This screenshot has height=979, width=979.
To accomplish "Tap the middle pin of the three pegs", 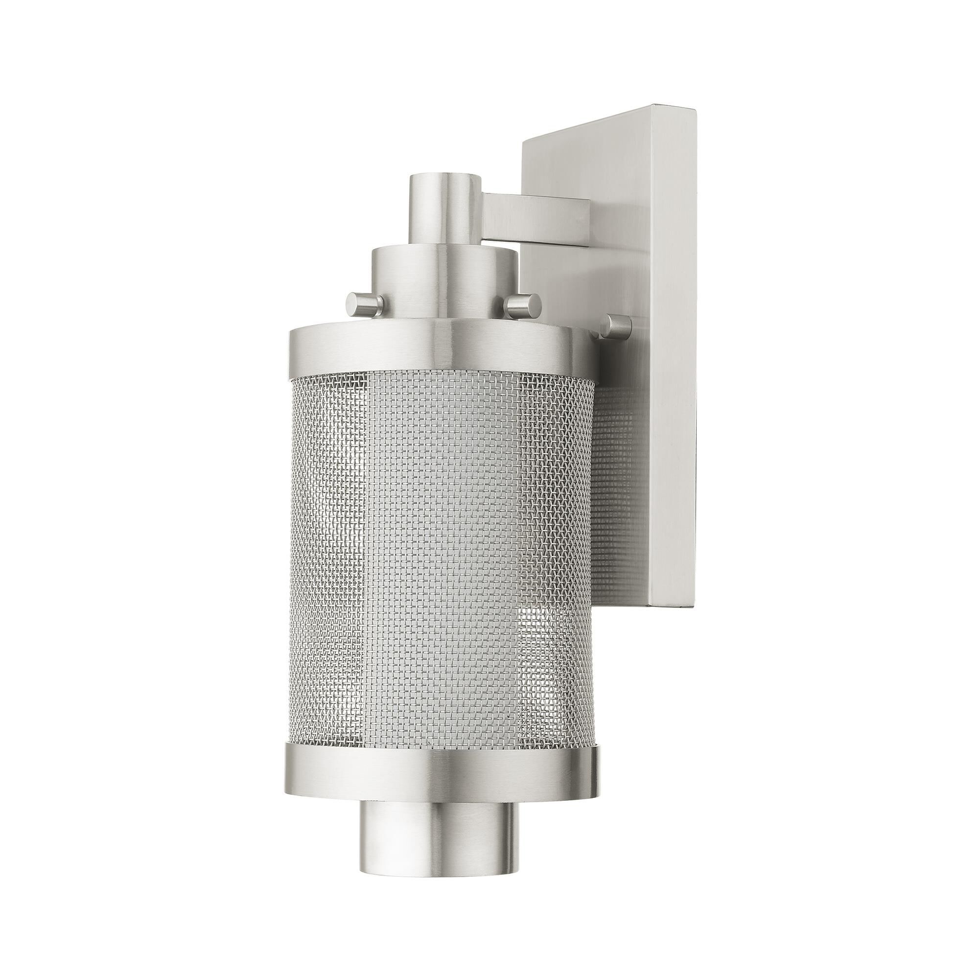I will tap(521, 303).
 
